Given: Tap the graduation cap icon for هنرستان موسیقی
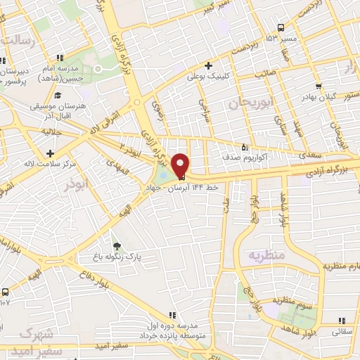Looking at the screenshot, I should [x=57, y=96].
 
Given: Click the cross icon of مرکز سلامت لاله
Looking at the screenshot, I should [x=49, y=153].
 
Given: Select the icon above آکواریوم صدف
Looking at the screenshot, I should [x=244, y=147].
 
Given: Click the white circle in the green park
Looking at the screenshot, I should [x=98, y=68].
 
